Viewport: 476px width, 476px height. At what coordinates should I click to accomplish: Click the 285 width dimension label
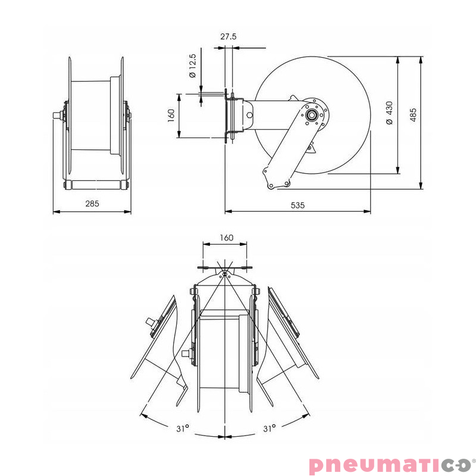click(x=92, y=203)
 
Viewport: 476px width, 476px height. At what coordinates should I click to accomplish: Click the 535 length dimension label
click(x=297, y=205)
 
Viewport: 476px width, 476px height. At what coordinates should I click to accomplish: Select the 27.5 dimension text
click(x=228, y=36)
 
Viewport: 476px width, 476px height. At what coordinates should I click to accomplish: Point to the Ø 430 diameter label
click(x=389, y=112)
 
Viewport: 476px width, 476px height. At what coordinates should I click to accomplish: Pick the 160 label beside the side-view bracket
click(x=170, y=114)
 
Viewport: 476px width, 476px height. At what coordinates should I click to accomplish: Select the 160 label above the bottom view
click(x=226, y=237)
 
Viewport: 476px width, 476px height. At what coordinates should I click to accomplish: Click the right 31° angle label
click(x=268, y=427)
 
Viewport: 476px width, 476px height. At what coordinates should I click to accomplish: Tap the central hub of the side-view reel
click(x=311, y=115)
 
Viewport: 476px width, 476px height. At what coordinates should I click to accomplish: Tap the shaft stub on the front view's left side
click(x=58, y=115)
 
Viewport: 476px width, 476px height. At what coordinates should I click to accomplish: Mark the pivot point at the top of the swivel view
click(x=224, y=274)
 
